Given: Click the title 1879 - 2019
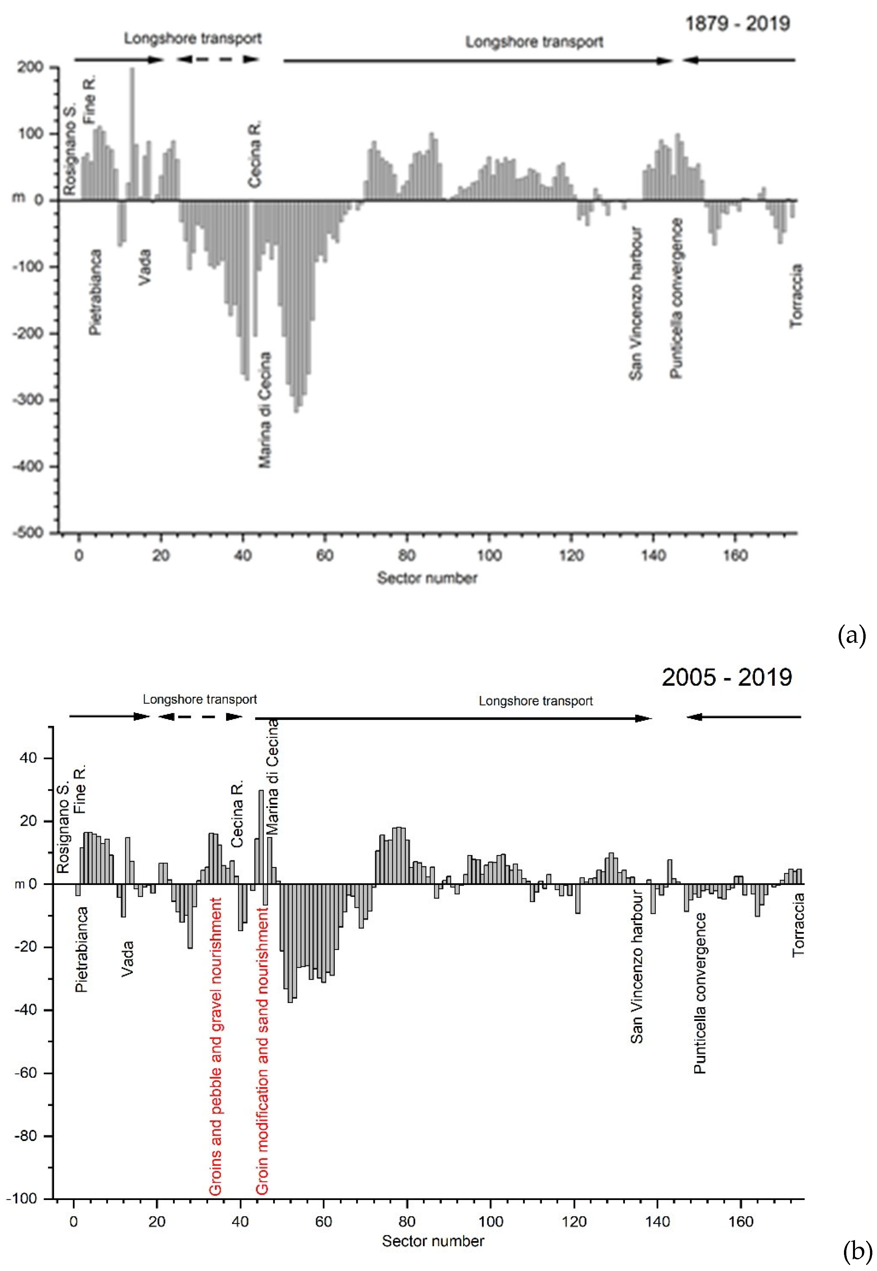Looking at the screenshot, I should point(737,24).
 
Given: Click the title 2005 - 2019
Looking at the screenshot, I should point(726,677).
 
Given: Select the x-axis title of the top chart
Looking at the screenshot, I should point(427,578).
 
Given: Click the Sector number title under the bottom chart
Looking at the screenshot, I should point(433,1241).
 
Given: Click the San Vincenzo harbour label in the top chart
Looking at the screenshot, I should point(636,303).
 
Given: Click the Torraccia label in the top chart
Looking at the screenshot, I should point(796,296).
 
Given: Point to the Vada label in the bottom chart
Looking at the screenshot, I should point(127,958).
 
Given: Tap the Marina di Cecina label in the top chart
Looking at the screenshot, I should point(265,410).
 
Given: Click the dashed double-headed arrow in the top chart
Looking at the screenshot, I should point(218,59).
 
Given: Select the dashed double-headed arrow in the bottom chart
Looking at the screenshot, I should point(200,716).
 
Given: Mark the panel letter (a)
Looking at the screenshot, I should point(851,635).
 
